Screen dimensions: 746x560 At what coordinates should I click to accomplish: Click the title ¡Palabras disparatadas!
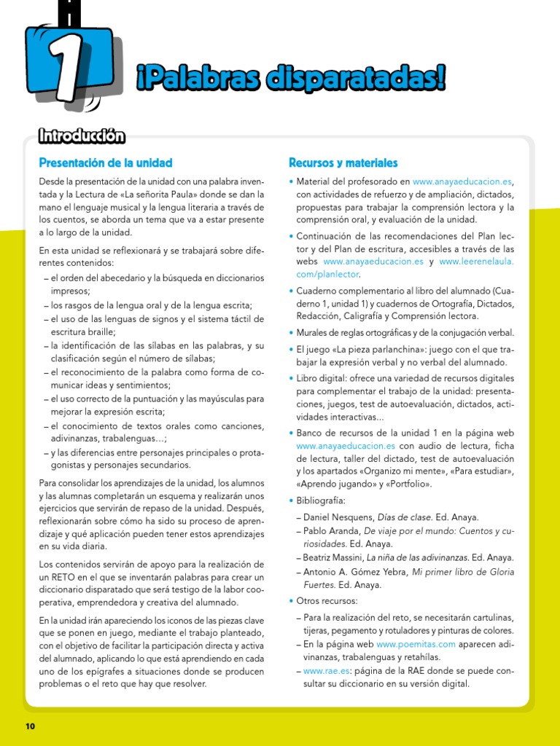coord(290,79)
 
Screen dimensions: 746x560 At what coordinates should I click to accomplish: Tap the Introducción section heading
coord(82,136)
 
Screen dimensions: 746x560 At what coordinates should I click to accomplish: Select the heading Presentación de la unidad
coord(106,162)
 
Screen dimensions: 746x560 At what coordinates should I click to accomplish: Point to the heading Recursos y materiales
coord(343,162)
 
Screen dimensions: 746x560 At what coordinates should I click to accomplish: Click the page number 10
coord(30,726)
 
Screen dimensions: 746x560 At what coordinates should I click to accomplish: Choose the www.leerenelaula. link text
coord(477,261)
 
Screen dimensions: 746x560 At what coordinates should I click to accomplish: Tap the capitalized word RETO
coord(62,576)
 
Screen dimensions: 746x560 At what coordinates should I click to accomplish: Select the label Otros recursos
coord(327,601)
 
